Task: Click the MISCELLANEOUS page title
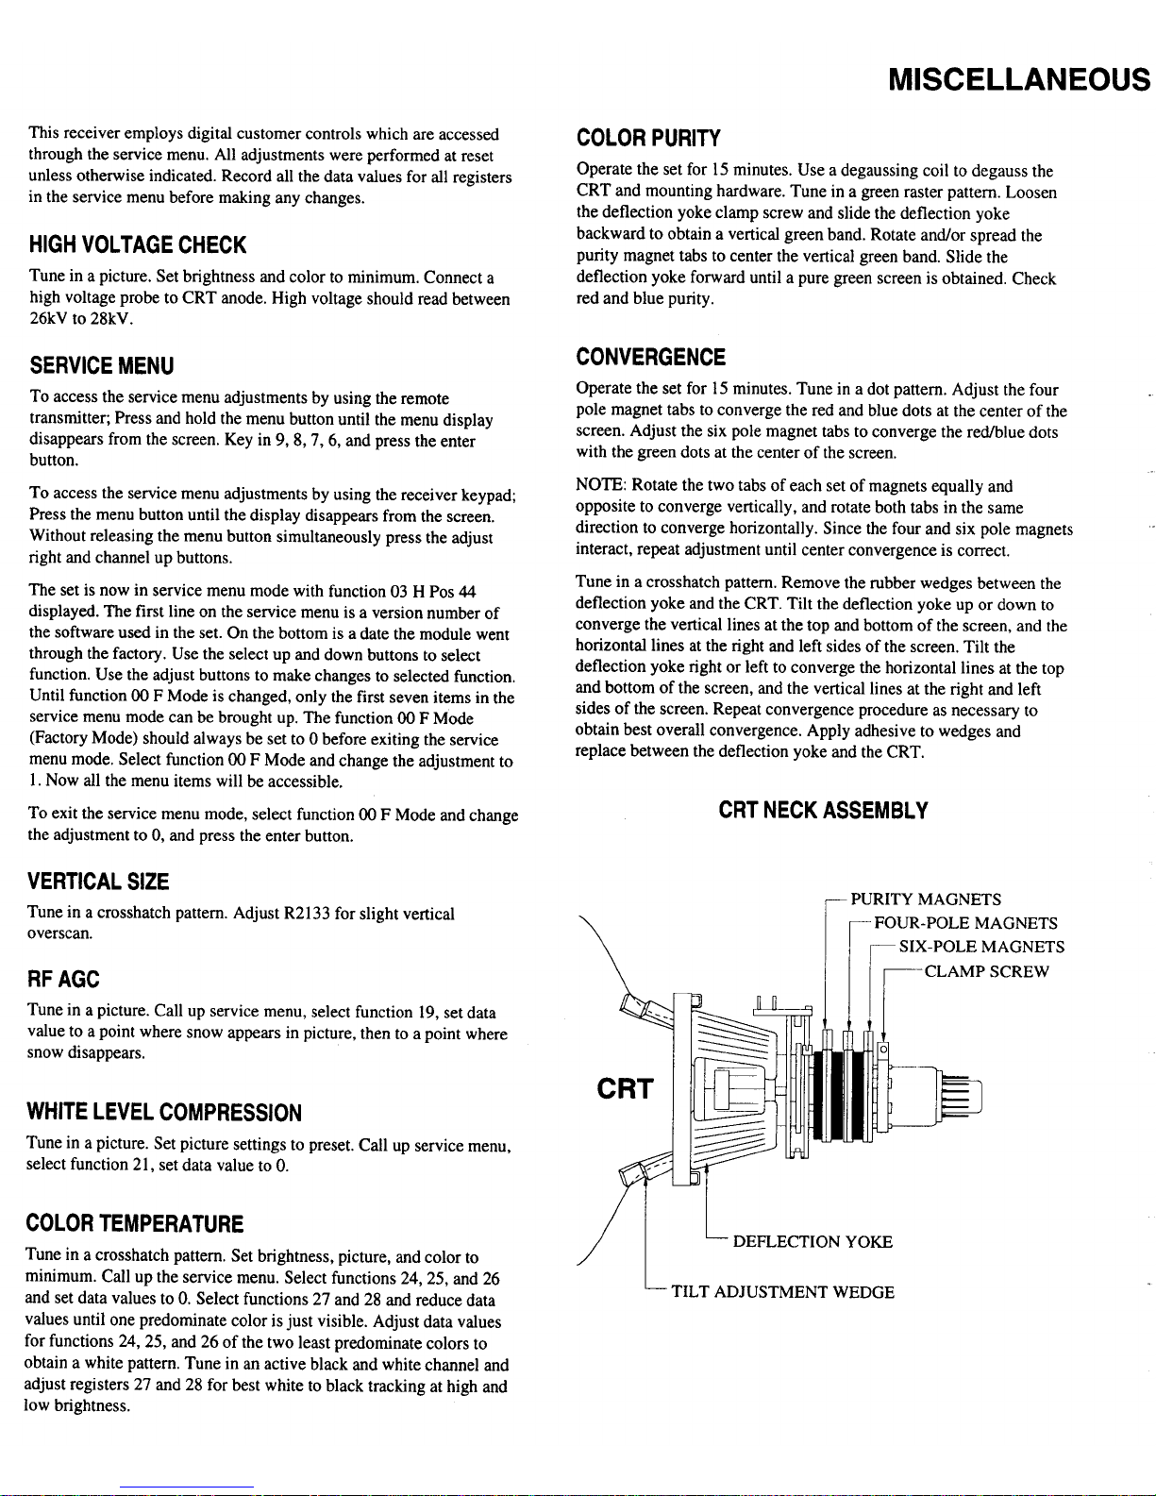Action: click(x=1018, y=80)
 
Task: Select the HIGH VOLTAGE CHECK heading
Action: click(x=138, y=245)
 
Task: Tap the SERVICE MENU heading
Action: click(x=101, y=365)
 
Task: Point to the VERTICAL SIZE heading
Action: click(x=98, y=882)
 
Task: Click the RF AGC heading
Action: click(x=63, y=979)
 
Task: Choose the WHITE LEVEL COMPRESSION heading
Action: click(x=164, y=1113)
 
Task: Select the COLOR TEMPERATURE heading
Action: click(x=135, y=1223)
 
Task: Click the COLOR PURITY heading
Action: click(x=648, y=138)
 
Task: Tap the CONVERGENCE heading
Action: click(x=650, y=358)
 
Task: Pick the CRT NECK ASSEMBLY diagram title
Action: click(x=823, y=811)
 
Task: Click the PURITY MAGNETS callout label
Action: click(x=926, y=899)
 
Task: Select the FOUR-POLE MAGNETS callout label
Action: click(x=965, y=923)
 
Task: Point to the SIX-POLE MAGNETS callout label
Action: click(x=981, y=947)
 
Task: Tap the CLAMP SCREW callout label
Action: click(x=986, y=971)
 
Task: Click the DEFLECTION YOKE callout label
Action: click(x=812, y=1241)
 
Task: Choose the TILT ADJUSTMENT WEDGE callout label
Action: click(x=782, y=1291)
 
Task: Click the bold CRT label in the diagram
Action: click(x=625, y=1089)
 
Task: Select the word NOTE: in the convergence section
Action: click(x=601, y=485)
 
